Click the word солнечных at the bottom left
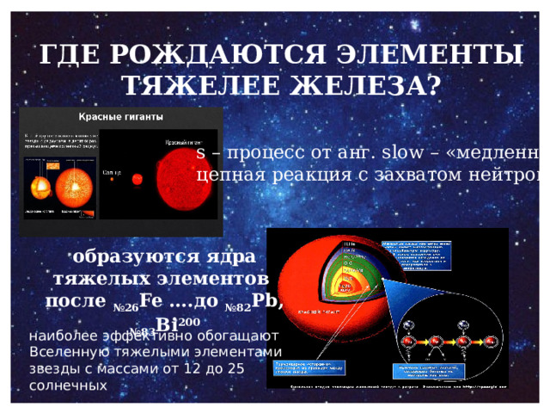tap(69, 386)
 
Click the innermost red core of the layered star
tap(345, 301)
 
